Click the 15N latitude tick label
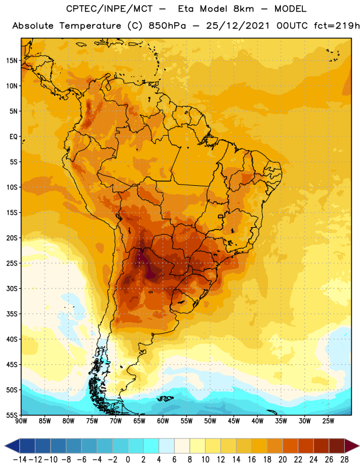tap(12, 61)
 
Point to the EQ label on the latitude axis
tap(13, 137)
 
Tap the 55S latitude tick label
tap(12, 415)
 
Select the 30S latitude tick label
tap(12, 288)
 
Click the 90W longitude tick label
tap(21, 421)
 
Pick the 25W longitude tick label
tap(328, 421)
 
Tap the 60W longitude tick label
tap(163, 421)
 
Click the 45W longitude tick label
tap(234, 421)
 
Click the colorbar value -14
tap(20, 460)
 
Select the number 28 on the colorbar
tap(344, 460)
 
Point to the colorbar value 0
tap(128, 460)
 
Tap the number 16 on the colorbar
tap(252, 460)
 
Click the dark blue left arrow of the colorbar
tap(12, 446)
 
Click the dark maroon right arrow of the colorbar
tap(352, 446)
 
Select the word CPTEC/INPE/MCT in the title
tap(110, 9)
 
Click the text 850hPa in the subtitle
tap(167, 26)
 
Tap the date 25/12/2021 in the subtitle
tap(238, 26)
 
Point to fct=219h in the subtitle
tap(337, 26)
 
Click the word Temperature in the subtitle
tap(90, 26)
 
